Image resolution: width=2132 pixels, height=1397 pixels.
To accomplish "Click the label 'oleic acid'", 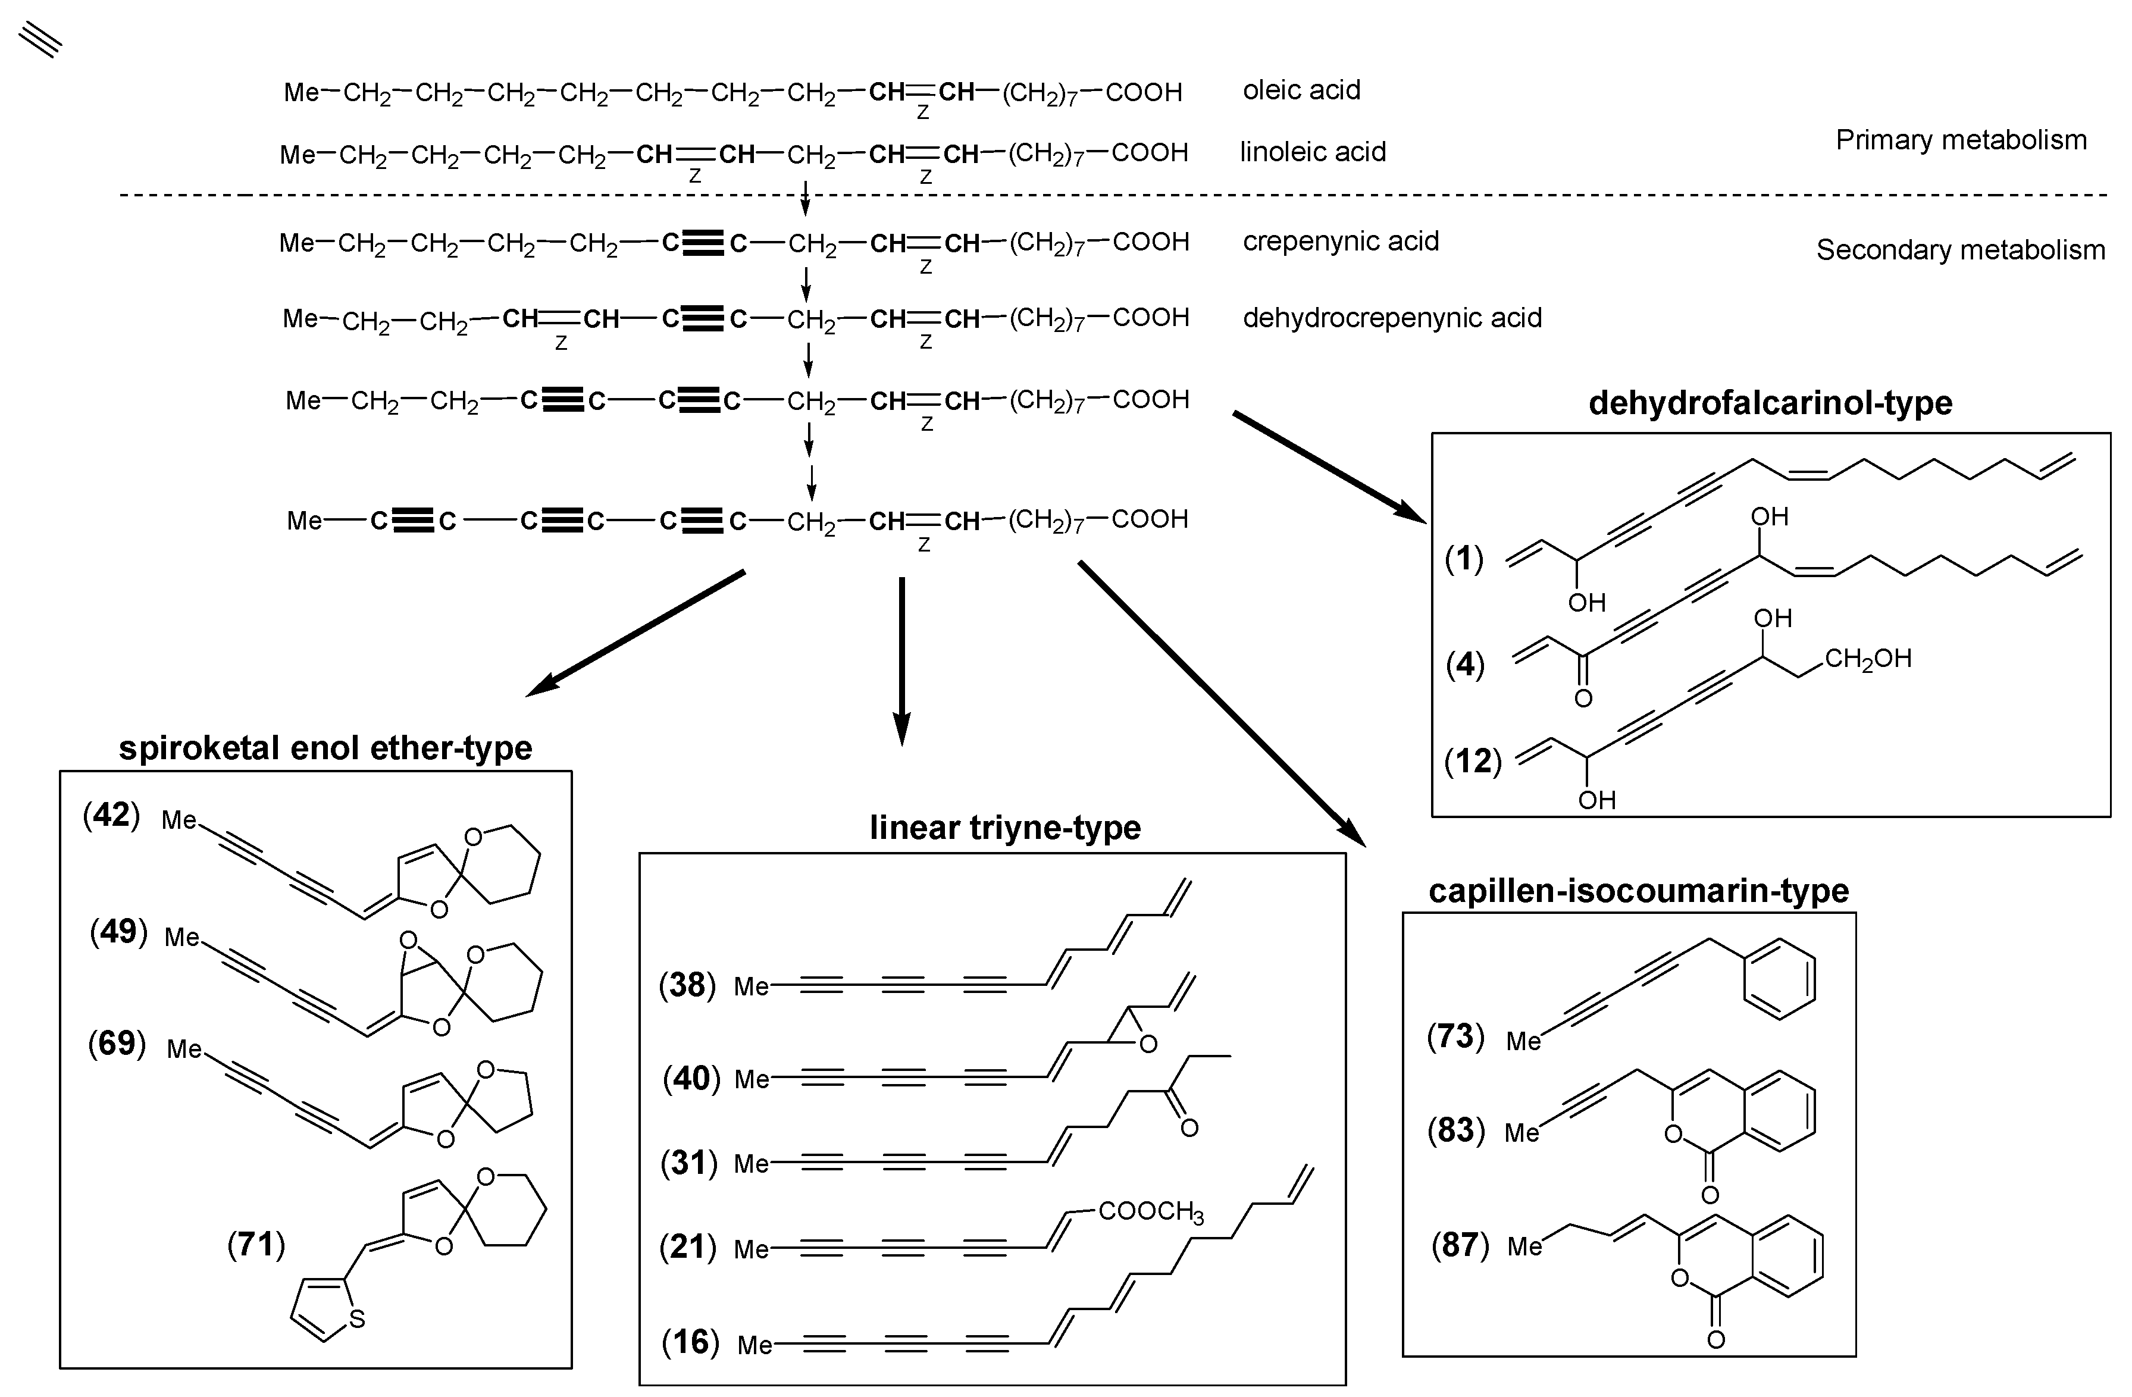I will tap(1301, 90).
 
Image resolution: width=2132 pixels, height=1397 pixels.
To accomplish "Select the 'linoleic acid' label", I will tap(1313, 152).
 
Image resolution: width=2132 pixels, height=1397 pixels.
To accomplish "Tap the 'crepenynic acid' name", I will tap(1340, 242).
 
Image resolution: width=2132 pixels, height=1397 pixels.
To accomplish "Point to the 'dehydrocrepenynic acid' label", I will tap(1391, 318).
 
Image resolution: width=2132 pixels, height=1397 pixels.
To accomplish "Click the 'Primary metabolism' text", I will tap(1961, 140).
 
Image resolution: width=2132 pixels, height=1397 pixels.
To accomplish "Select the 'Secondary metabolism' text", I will tap(1960, 250).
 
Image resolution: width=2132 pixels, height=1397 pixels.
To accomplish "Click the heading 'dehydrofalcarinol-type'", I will tap(1770, 403).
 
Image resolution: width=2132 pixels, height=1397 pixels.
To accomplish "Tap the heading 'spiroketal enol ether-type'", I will tap(325, 748).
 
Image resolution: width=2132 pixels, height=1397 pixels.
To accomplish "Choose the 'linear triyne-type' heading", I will tap(1005, 828).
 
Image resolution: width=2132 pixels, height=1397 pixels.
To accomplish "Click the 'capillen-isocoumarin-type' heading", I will tap(1638, 891).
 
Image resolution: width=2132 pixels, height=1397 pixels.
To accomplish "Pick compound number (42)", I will tap(112, 816).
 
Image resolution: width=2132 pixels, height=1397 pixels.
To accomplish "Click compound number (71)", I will tap(256, 1244).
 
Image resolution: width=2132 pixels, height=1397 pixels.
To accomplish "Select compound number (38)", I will tap(687, 985).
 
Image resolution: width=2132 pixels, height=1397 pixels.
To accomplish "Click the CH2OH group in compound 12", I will tap(1868, 659).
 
